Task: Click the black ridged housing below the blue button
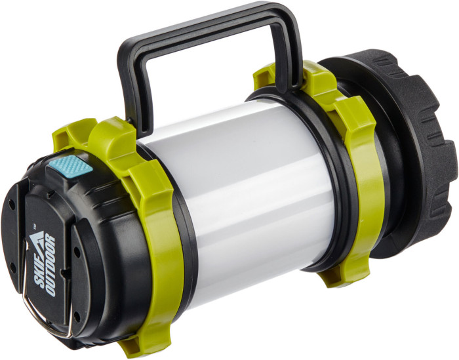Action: pyautogui.click(x=98, y=262)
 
